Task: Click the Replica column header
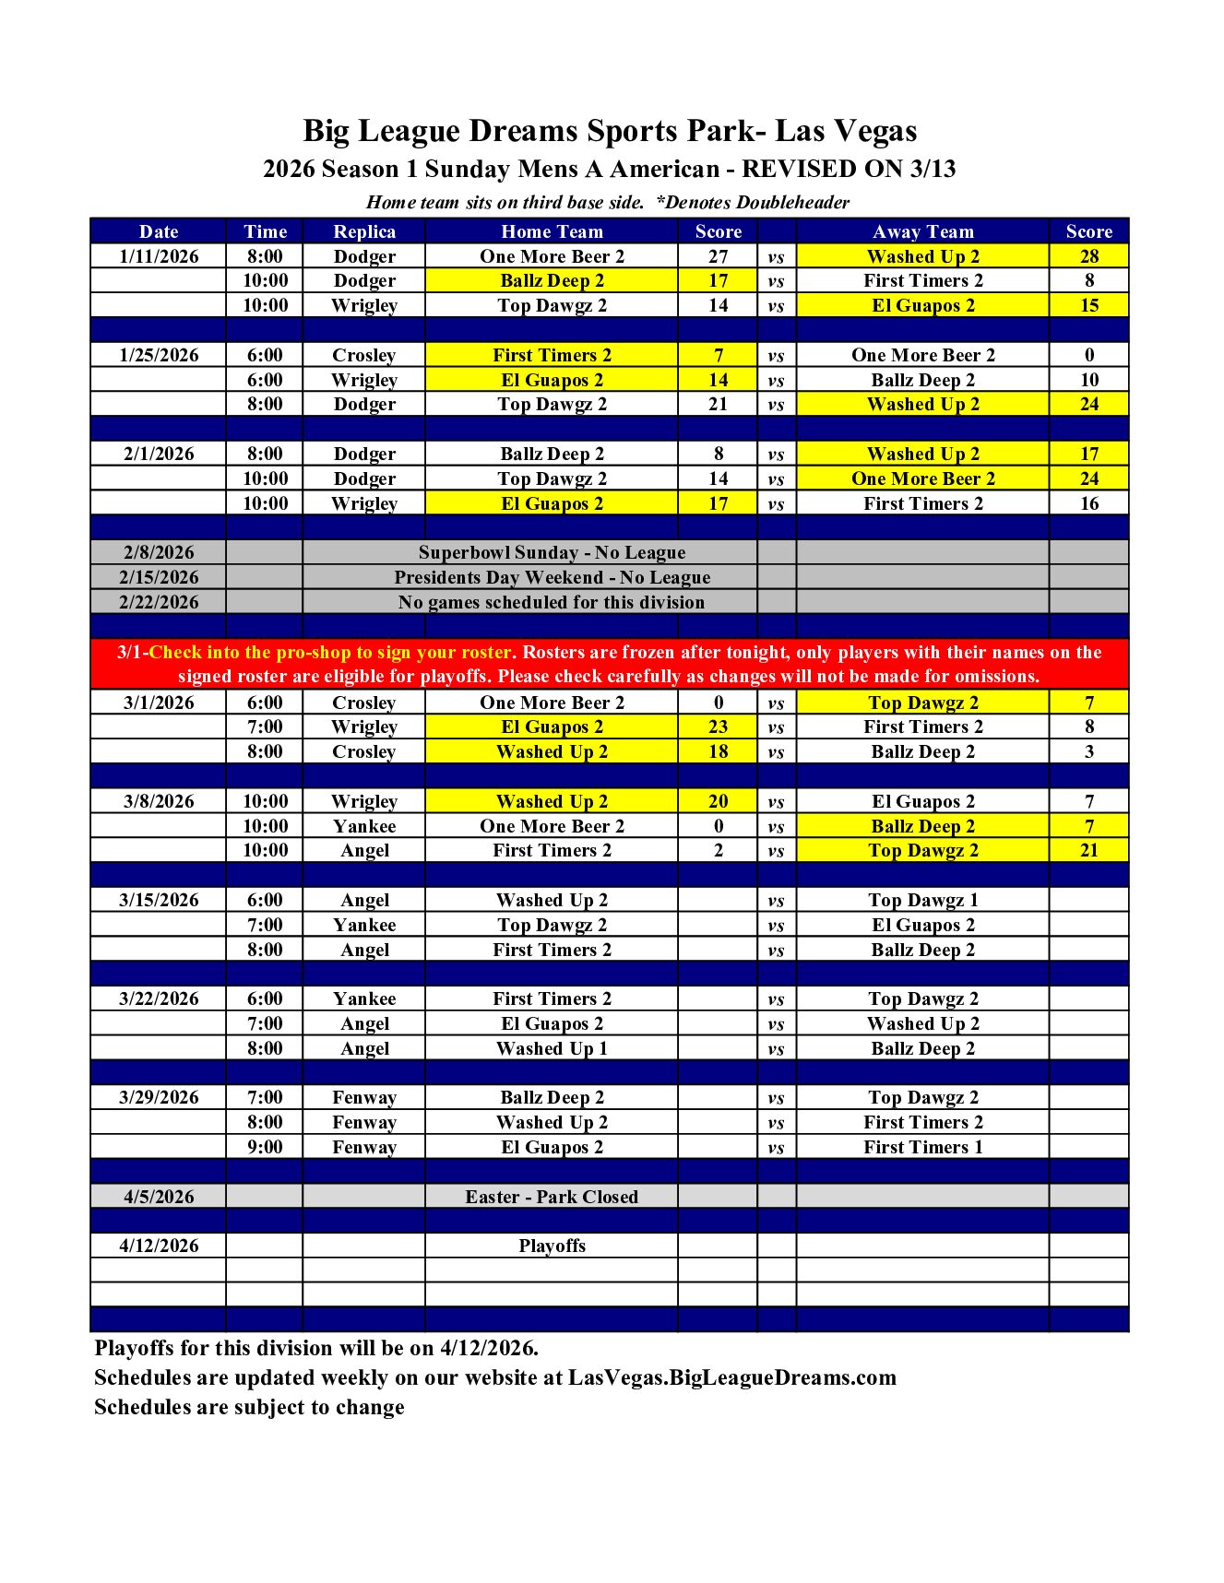(364, 231)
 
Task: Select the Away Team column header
(922, 231)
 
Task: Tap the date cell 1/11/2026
(159, 256)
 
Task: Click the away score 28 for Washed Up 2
(1088, 256)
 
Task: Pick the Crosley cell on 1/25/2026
(364, 355)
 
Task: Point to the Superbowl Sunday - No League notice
(552, 552)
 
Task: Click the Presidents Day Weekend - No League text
(552, 577)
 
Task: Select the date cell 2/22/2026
(159, 602)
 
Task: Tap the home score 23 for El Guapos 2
(718, 727)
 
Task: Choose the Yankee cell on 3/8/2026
(364, 826)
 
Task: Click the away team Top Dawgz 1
(922, 900)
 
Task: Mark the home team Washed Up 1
(552, 1048)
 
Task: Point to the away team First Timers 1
(922, 1147)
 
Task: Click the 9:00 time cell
(265, 1147)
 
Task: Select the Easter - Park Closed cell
(552, 1197)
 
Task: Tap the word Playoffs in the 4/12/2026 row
(552, 1246)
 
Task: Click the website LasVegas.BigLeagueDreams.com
(731, 1377)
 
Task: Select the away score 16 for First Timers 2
(1088, 503)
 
